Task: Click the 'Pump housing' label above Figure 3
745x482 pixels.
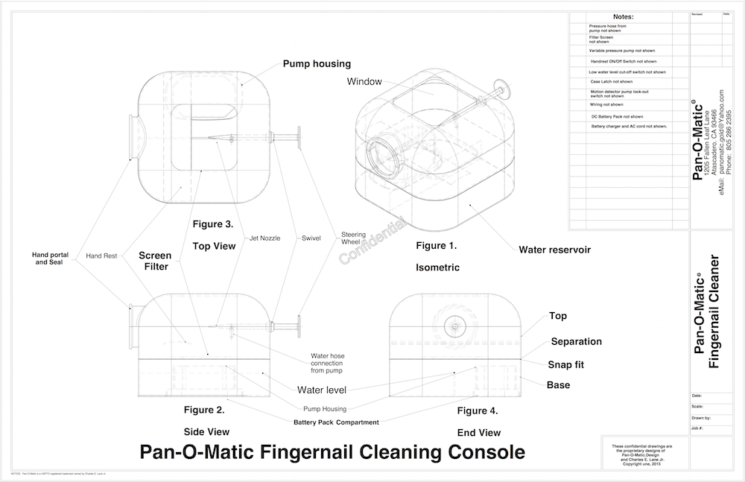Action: [317, 64]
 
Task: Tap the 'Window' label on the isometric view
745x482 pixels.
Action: [364, 81]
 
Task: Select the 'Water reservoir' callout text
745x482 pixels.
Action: [554, 250]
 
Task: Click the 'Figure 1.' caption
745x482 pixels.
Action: [436, 245]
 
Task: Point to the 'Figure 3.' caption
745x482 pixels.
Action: [212, 223]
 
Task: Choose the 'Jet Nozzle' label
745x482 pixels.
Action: [264, 238]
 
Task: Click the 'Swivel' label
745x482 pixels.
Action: [311, 238]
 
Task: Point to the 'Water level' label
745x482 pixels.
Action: [321, 390]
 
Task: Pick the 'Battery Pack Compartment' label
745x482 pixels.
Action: [336, 422]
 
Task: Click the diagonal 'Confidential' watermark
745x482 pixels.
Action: [373, 240]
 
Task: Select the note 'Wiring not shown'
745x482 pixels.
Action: [606, 105]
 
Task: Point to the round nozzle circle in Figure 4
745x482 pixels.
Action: [453, 326]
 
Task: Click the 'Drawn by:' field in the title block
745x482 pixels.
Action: [702, 419]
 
